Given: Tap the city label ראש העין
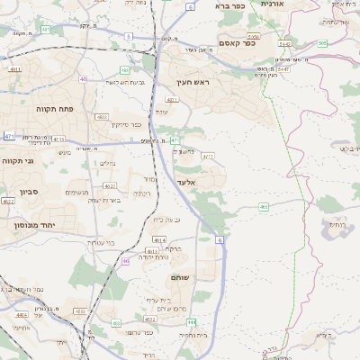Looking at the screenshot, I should (x=192, y=82).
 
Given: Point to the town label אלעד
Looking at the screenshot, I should (x=186, y=182).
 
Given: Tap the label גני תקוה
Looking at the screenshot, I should (x=17, y=161).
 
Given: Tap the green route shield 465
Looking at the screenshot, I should (x=264, y=207).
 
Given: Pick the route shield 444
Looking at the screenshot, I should (x=192, y=321).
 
